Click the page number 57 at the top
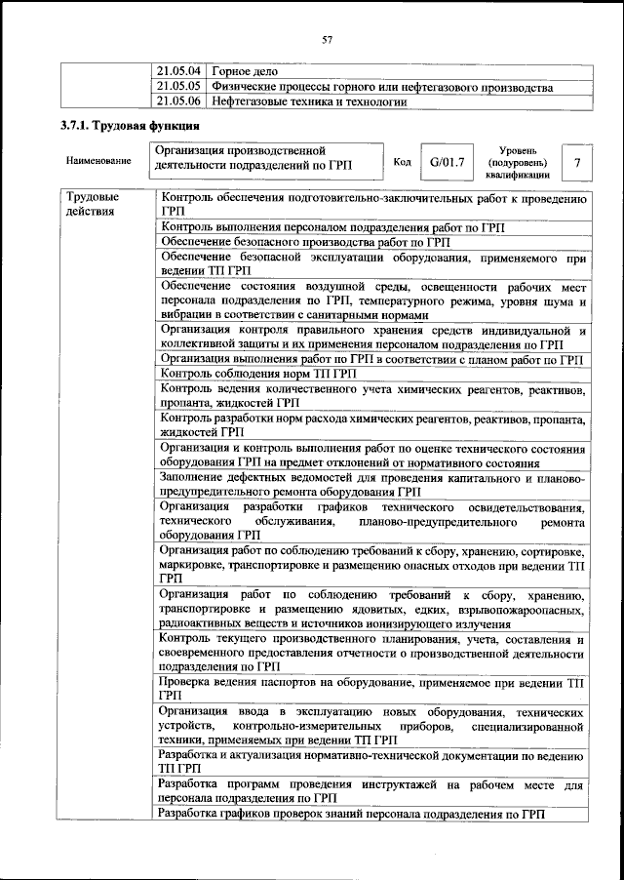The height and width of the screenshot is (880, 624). (327, 40)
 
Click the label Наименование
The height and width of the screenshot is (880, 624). (98, 160)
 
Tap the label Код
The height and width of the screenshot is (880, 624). (402, 161)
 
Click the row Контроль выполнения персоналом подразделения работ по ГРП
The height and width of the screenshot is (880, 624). (338, 227)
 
